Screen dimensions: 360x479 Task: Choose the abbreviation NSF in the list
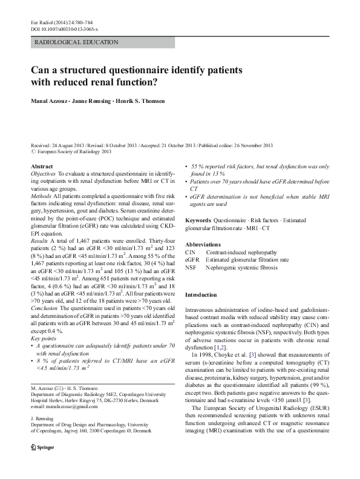tap(191, 266)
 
